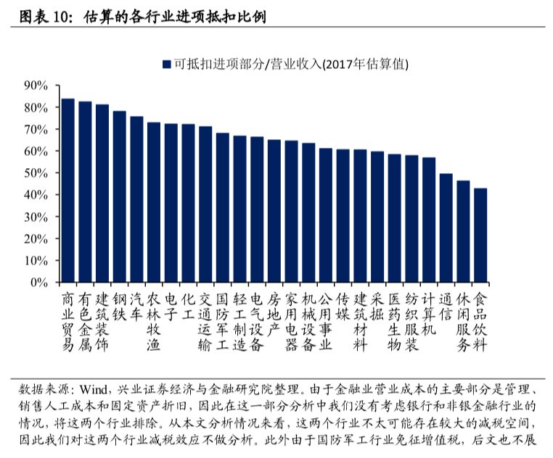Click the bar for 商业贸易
pyautogui.click(x=67, y=191)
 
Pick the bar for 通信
pyautogui.click(x=446, y=228)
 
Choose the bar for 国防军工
pyautogui.click(x=222, y=208)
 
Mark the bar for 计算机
pyautogui.click(x=428, y=220)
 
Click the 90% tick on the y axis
pyautogui.click(x=35, y=86)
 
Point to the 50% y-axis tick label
pyautogui.click(x=35, y=173)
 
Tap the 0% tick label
pyautogui.click(x=38, y=283)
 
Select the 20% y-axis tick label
pyautogui.click(x=35, y=239)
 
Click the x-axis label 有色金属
pyautogui.click(x=85, y=322)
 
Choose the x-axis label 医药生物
pyautogui.click(x=394, y=322)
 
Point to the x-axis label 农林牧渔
pyautogui.click(x=153, y=322)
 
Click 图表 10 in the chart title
pyautogui.click(x=46, y=14)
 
